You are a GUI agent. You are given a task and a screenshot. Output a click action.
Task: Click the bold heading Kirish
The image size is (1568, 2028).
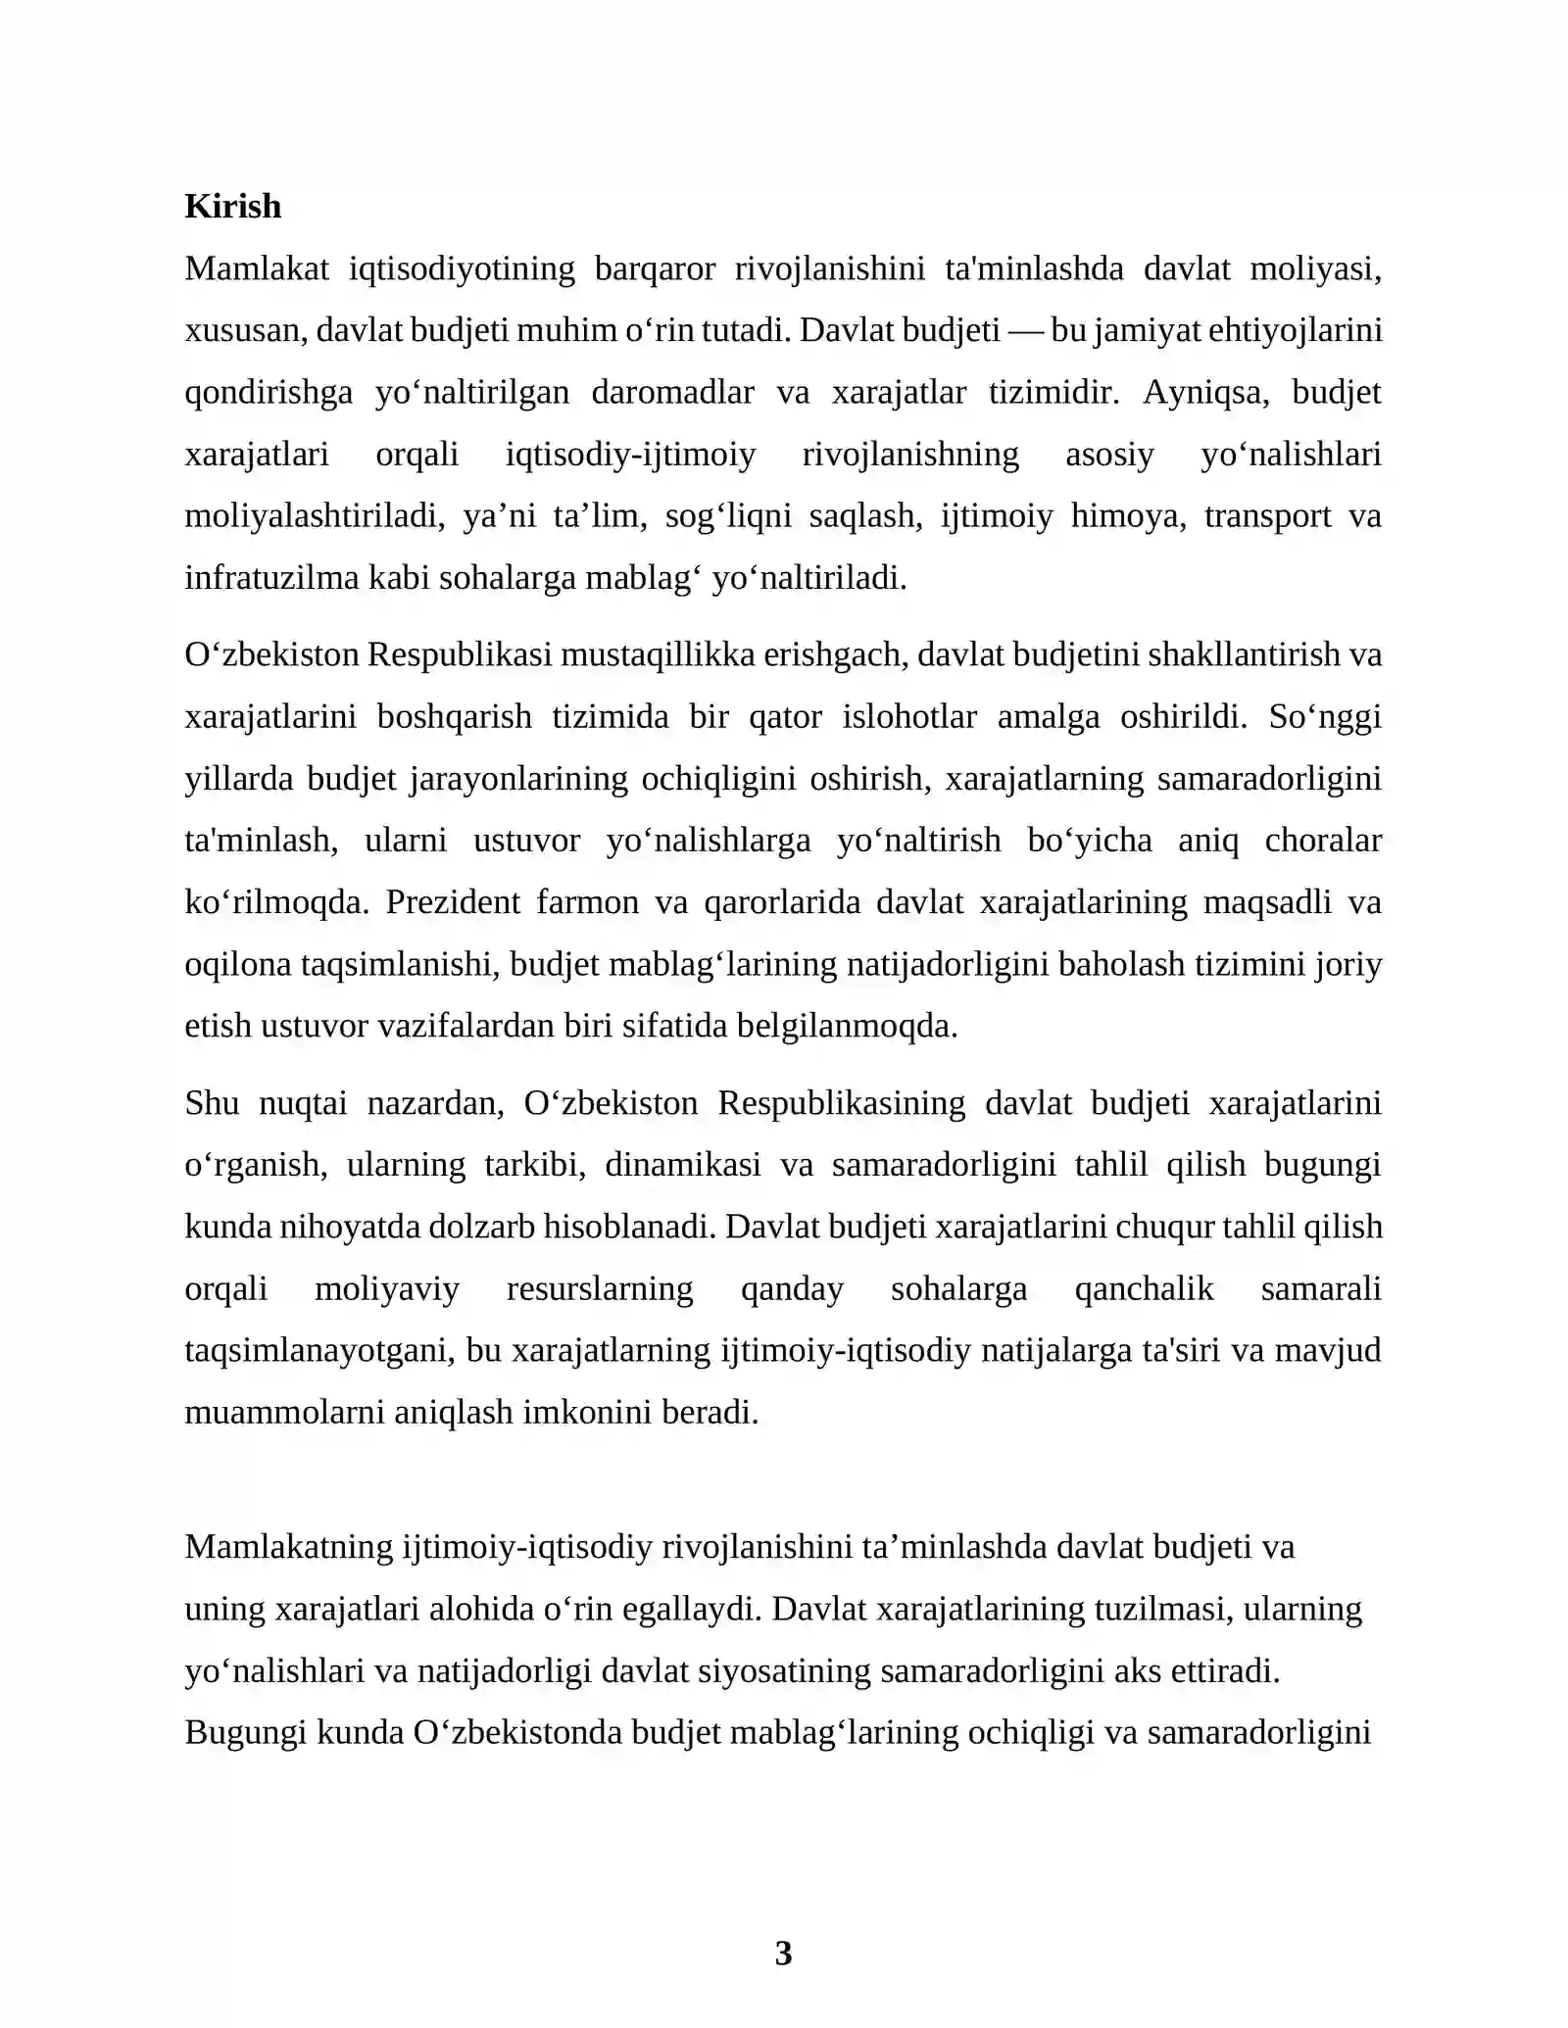tap(232, 207)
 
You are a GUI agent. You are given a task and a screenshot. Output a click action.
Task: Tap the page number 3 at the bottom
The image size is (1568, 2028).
tap(783, 1953)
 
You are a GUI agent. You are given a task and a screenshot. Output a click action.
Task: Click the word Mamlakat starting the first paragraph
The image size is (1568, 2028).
tap(256, 268)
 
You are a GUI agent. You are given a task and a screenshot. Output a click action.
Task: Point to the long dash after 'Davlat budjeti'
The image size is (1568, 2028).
tap(1025, 330)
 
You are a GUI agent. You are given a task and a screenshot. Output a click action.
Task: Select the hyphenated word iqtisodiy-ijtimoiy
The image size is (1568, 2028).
tap(630, 455)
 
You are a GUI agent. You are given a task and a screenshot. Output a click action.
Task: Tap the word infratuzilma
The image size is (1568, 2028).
tap(272, 579)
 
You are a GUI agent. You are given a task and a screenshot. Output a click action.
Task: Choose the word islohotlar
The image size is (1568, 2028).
tap(908, 717)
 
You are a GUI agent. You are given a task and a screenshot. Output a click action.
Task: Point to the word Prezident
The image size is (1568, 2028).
tap(452, 902)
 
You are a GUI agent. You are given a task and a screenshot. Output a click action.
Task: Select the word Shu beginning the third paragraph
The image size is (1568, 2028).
tap(211, 1103)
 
